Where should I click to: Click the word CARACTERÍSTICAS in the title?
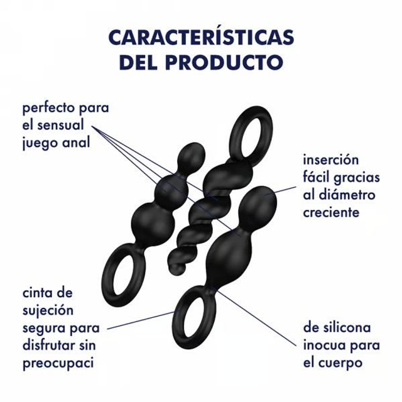tap(201, 36)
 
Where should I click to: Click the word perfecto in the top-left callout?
tap(47, 109)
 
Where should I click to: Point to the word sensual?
tap(60, 126)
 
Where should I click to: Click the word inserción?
tap(331, 160)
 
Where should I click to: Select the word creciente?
tap(331, 212)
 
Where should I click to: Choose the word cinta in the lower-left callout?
tap(38, 293)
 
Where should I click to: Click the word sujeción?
tap(48, 311)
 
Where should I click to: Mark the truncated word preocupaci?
tap(58, 364)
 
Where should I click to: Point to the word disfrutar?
tap(50, 345)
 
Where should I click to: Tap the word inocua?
tap(323, 345)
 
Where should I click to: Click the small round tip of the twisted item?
tap(177, 269)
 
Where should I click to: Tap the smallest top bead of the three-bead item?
tap(192, 155)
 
